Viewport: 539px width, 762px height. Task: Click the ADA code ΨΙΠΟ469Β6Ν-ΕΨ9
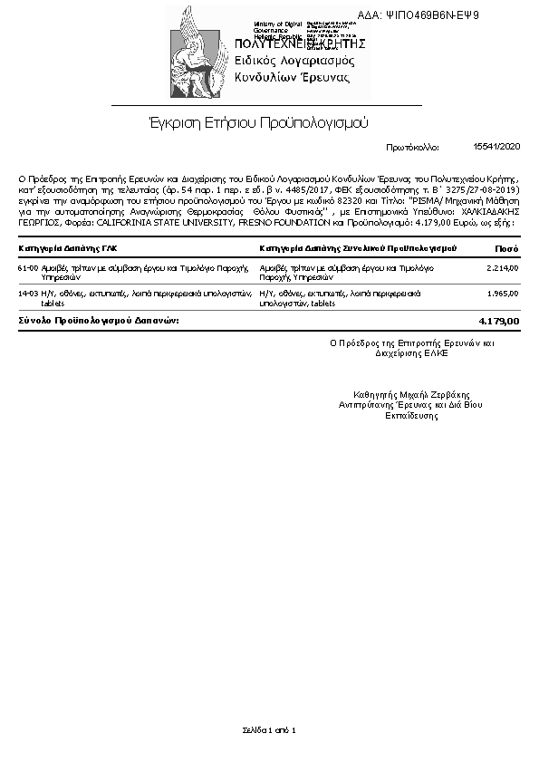(443, 15)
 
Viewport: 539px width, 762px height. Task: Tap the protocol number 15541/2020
(497, 145)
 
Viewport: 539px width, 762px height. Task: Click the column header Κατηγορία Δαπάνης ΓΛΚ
(68, 247)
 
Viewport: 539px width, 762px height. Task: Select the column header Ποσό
(506, 247)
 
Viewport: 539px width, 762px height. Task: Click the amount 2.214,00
(502, 268)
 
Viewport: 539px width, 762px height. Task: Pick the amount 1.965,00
(502, 294)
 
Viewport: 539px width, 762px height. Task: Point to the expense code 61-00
(27, 268)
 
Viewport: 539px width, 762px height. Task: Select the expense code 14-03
(27, 294)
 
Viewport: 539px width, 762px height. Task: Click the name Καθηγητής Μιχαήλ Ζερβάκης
(411, 394)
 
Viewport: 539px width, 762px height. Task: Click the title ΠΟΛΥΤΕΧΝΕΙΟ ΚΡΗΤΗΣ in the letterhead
(299, 43)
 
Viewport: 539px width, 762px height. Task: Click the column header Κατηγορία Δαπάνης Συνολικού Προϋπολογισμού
(358, 247)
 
